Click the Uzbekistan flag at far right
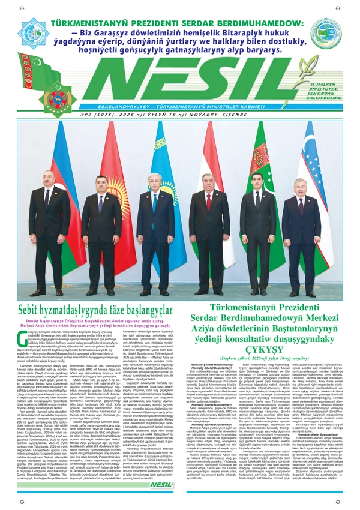tap(312, 180)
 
